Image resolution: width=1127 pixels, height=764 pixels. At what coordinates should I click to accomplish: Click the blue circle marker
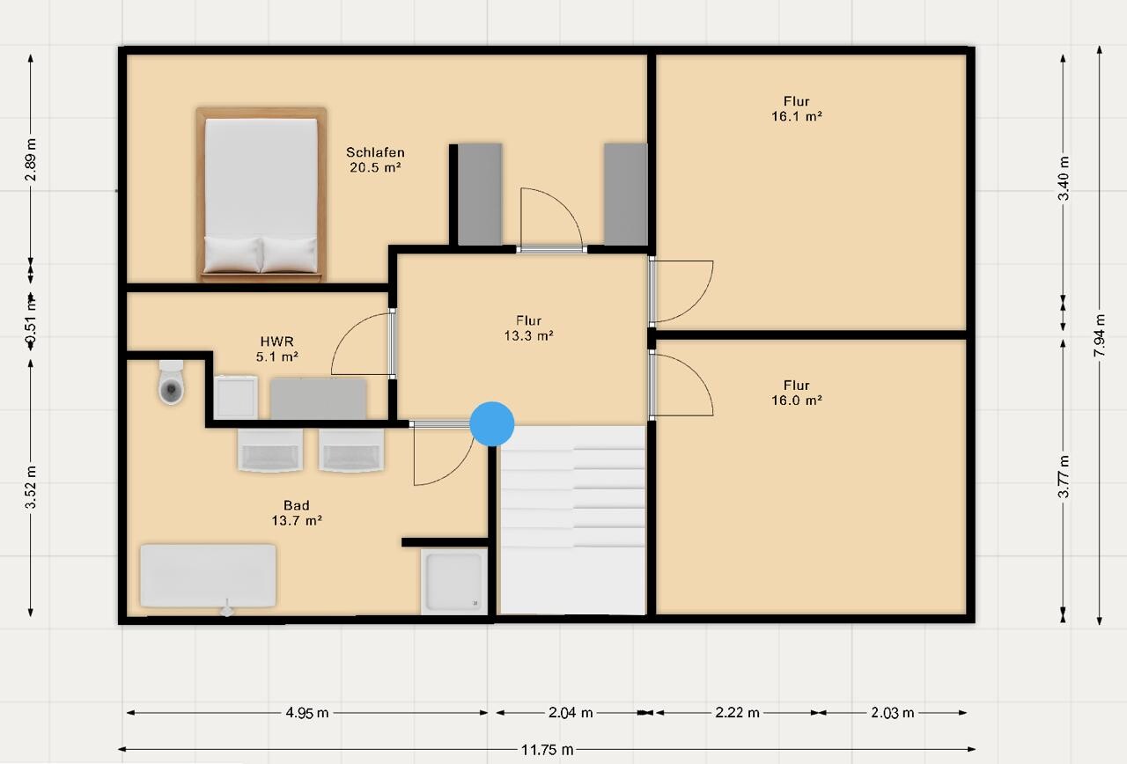click(x=492, y=423)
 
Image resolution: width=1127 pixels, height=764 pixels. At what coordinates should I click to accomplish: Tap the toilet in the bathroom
click(x=171, y=382)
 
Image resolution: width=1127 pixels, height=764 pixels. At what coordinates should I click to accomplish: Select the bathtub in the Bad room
click(x=208, y=576)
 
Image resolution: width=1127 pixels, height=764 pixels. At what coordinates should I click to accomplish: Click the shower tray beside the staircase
click(x=453, y=582)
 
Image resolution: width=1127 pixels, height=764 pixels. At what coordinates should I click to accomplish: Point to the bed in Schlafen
click(x=261, y=195)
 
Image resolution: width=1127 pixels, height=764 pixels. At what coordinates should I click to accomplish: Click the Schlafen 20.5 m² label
click(x=375, y=159)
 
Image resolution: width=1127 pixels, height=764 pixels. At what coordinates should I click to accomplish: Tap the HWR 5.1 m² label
click(x=277, y=349)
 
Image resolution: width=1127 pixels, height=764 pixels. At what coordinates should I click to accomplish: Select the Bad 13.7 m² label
click(x=297, y=512)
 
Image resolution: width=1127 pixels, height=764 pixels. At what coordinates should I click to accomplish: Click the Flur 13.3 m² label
click(x=529, y=328)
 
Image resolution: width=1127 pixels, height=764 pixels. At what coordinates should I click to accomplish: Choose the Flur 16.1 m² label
click(x=797, y=108)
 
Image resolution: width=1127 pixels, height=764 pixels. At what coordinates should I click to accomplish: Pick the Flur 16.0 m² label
click(x=797, y=393)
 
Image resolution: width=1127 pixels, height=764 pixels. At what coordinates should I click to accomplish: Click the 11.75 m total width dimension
click(x=547, y=750)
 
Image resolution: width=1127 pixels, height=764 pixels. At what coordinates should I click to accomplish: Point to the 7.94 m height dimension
click(x=1100, y=335)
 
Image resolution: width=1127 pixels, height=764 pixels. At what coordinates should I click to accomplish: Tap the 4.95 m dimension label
click(x=307, y=713)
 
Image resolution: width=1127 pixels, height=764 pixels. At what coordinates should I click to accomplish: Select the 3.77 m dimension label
click(x=1063, y=476)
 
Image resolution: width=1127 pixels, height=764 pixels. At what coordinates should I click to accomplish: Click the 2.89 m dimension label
click(x=31, y=159)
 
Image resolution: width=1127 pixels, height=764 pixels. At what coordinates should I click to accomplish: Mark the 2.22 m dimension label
click(x=737, y=713)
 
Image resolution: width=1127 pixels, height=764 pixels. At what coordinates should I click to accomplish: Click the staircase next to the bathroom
click(x=573, y=520)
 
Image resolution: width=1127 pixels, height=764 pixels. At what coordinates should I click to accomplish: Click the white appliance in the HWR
click(x=235, y=397)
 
